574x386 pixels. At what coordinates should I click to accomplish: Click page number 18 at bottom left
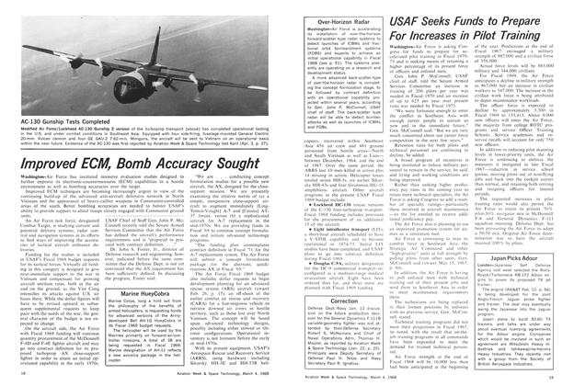pyautogui.click(x=20, y=376)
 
